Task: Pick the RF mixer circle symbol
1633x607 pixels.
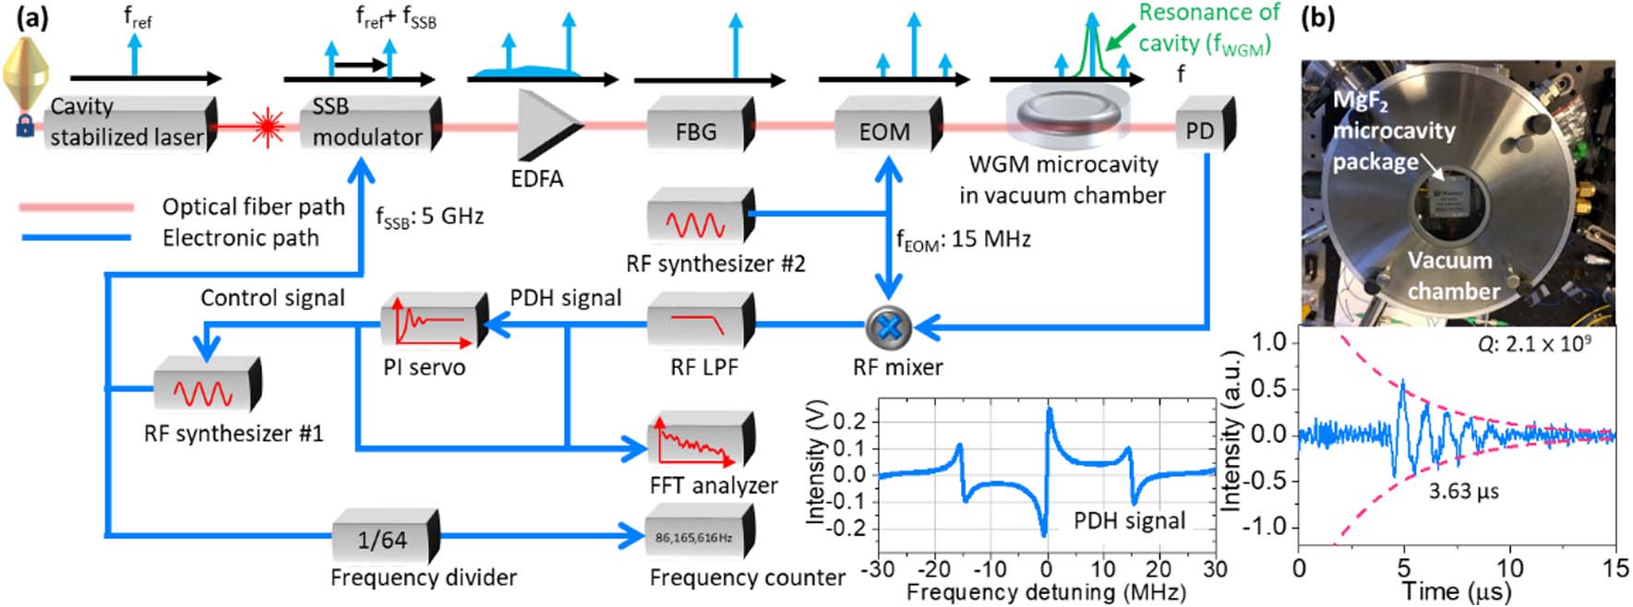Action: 888,327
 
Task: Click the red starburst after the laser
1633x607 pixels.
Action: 268,126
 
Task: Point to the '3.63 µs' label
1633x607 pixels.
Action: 1463,492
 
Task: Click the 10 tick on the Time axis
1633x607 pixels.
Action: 1509,569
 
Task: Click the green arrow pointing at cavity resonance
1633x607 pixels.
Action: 1120,36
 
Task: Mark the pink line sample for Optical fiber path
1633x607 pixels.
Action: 77,207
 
